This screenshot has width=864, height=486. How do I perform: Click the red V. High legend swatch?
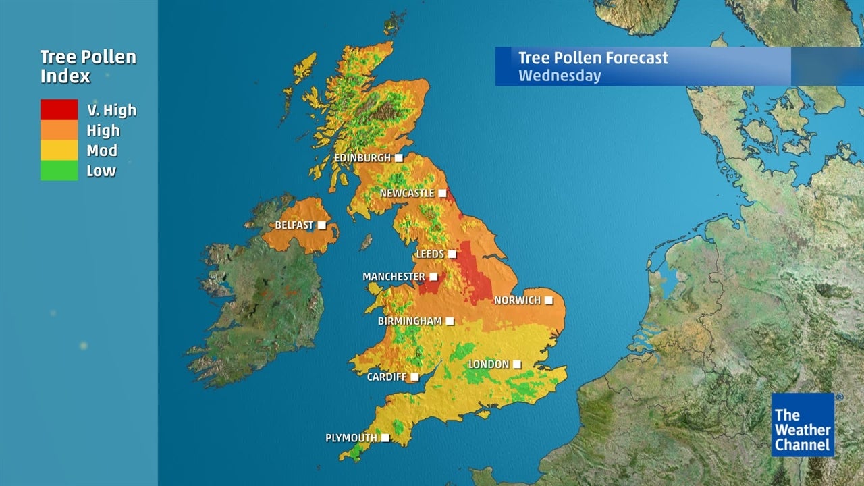tap(59, 109)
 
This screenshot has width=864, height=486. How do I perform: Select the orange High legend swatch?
tap(59, 130)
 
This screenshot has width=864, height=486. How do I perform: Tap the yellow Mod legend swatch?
tap(59, 150)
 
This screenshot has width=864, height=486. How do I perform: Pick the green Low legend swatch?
tap(59, 170)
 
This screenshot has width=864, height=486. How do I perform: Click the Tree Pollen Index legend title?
tap(88, 66)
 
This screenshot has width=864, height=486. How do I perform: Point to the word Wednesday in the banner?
tap(560, 75)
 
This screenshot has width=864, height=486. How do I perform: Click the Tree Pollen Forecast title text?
tap(593, 57)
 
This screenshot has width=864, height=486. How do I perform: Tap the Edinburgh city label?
tap(362, 158)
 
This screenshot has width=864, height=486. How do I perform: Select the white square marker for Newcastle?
tap(442, 193)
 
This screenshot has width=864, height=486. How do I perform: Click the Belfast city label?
tap(294, 225)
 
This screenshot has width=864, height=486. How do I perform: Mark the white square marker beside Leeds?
tap(452, 254)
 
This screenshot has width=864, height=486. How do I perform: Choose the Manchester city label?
tap(394, 277)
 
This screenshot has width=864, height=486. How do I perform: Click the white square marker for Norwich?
tap(549, 300)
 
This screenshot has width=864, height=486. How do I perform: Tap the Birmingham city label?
tap(410, 321)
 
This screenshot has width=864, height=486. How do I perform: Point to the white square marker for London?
tap(516, 364)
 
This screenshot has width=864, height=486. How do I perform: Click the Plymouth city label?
tap(351, 438)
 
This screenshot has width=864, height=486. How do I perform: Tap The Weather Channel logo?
tap(803, 425)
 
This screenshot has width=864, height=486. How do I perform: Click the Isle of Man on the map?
tap(367, 242)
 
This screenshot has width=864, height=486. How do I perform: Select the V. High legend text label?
tap(111, 110)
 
